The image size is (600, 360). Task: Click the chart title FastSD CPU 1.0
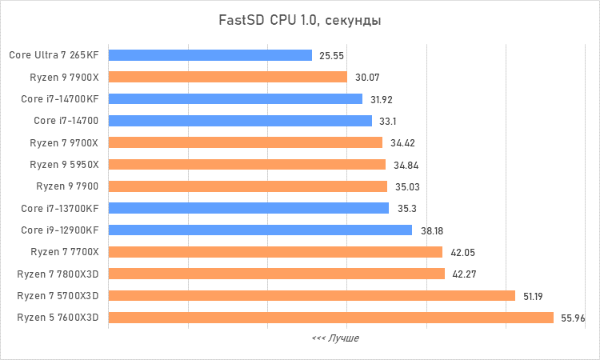click(x=300, y=20)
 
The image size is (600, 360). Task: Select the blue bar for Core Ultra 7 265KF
click(x=210, y=55)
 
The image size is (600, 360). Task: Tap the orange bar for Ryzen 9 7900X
click(x=227, y=78)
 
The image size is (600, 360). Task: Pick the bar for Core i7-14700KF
click(x=235, y=99)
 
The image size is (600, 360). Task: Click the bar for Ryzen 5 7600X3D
click(x=330, y=318)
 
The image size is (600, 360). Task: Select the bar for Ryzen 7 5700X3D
click(x=311, y=296)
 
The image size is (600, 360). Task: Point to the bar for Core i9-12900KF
click(x=260, y=230)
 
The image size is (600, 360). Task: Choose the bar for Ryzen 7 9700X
click(x=245, y=142)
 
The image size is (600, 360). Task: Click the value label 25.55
click(x=331, y=56)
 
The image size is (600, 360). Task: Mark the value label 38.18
click(x=432, y=230)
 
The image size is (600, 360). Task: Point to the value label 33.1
click(x=388, y=122)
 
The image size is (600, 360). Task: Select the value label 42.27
click(x=464, y=274)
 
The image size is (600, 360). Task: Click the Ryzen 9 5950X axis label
click(x=64, y=165)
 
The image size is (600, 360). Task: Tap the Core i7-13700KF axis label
click(x=60, y=209)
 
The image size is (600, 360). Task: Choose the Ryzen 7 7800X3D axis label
click(x=58, y=274)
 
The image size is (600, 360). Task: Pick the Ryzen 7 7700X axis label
click(x=64, y=252)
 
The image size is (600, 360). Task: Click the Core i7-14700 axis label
click(x=66, y=121)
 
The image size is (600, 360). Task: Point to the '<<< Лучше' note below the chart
click(x=335, y=338)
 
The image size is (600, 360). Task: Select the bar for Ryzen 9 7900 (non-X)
click(x=247, y=186)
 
